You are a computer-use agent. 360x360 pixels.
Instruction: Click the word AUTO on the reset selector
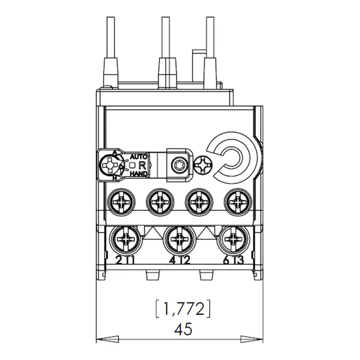(x=138, y=157)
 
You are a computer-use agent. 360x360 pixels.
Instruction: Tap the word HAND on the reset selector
(x=138, y=174)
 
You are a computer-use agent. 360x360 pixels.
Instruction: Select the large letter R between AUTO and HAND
(x=143, y=165)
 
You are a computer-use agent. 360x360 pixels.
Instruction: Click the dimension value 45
(x=183, y=329)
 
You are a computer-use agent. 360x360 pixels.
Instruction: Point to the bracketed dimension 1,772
(x=183, y=309)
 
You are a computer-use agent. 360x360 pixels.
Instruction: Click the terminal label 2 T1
(x=125, y=260)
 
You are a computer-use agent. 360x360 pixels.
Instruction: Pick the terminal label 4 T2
(x=179, y=260)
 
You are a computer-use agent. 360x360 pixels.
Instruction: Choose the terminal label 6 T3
(x=233, y=260)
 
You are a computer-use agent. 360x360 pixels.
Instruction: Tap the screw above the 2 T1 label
(x=125, y=240)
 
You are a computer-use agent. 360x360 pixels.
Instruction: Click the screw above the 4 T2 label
(x=180, y=240)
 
